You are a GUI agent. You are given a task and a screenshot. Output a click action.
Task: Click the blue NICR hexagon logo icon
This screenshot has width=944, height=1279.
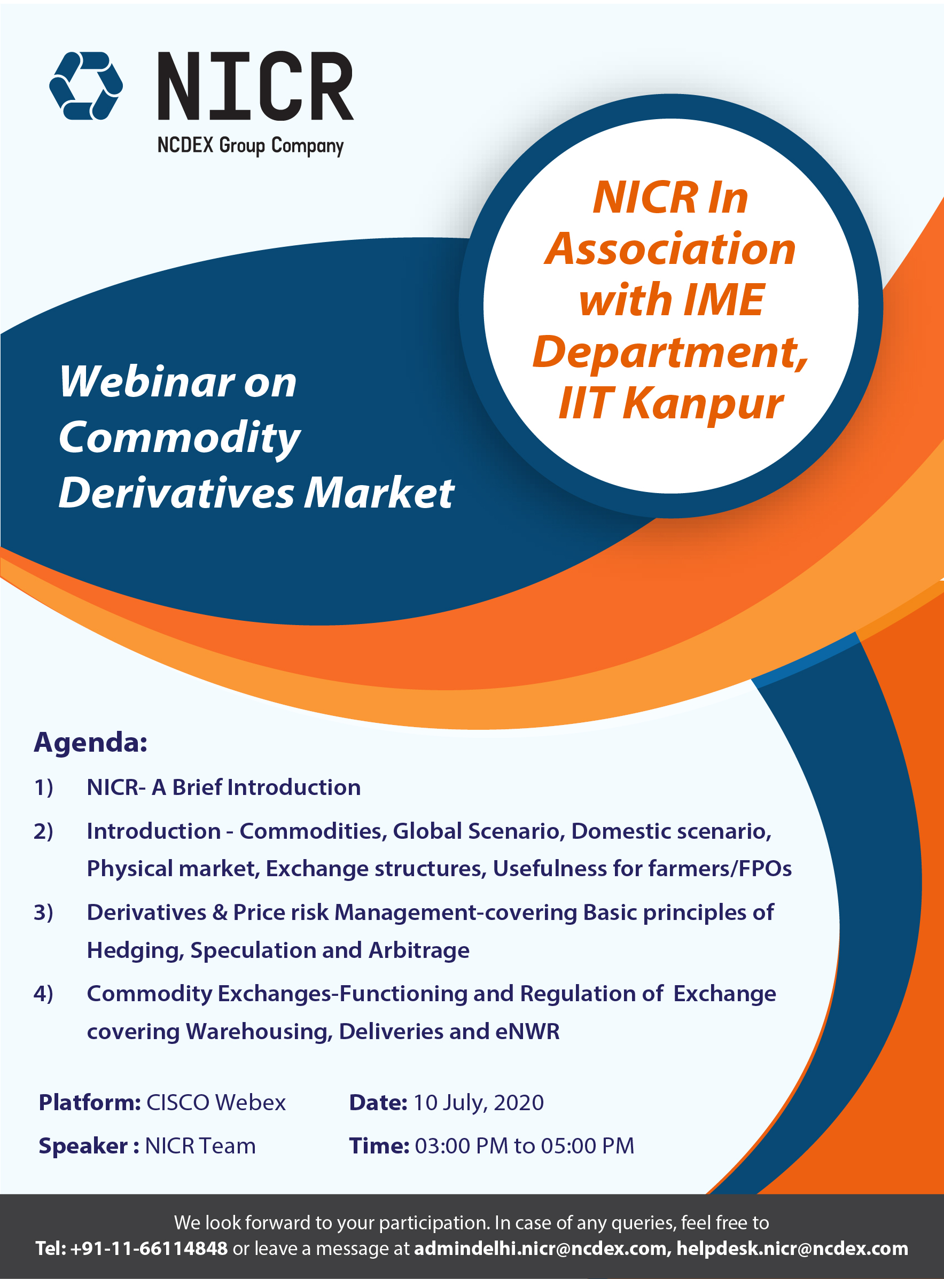85,85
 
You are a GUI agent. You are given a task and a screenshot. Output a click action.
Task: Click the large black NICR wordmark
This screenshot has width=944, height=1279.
255,87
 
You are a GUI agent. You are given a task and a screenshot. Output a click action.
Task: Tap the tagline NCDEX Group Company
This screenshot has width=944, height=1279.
250,146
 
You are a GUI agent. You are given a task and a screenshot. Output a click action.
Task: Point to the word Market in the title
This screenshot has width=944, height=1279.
379,493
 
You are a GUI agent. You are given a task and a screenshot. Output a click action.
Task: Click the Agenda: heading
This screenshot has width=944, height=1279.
91,743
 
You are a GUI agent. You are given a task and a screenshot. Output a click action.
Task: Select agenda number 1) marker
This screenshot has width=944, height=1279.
43,787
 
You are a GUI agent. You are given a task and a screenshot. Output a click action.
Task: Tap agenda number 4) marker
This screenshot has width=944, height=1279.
43,994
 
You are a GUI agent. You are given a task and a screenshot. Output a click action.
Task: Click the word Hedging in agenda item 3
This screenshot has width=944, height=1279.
135,951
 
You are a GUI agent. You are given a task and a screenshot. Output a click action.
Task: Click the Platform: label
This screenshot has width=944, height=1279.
90,1102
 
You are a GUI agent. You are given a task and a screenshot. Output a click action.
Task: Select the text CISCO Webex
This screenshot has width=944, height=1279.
216,1102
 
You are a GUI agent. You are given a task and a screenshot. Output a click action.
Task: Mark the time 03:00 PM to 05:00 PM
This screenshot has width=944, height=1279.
525,1146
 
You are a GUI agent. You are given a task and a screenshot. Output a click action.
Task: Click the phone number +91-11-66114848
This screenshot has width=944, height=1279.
149,1249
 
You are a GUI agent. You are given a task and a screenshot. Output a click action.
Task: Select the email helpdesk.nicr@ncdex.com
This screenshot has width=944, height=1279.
793,1249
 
